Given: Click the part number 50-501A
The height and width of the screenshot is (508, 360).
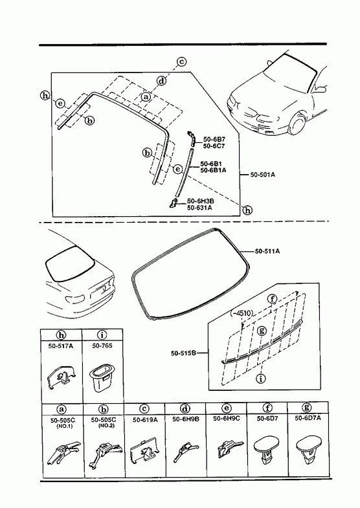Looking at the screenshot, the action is pyautogui.click(x=263, y=175).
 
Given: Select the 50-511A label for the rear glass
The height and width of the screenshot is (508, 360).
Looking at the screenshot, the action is pyautogui.click(x=267, y=251).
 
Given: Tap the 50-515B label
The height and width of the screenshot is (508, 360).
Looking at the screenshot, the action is pyautogui.click(x=183, y=353).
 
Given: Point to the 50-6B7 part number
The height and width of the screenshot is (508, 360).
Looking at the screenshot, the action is pyautogui.click(x=214, y=140).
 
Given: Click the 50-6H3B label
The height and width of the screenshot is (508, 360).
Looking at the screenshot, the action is pyautogui.click(x=200, y=201).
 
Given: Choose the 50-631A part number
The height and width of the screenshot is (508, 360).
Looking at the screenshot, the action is pyautogui.click(x=199, y=208).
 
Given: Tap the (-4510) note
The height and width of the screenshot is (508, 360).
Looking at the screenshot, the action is pyautogui.click(x=242, y=313).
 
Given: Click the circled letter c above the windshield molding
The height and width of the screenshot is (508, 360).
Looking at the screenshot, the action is pyautogui.click(x=181, y=61).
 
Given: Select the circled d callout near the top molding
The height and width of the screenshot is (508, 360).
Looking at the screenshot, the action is pyautogui.click(x=161, y=81).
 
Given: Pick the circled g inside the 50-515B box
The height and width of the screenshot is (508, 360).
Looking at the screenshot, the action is pyautogui.click(x=262, y=331).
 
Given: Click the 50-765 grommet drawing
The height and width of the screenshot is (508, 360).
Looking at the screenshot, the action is pyautogui.click(x=102, y=377).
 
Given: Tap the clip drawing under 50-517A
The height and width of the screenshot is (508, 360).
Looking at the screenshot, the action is pyautogui.click(x=62, y=377).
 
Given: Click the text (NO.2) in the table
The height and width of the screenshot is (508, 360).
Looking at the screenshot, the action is pyautogui.click(x=107, y=426).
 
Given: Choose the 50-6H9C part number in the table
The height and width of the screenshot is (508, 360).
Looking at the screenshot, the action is pyautogui.click(x=227, y=418).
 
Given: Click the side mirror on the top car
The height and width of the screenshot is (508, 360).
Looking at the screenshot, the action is pyautogui.click(x=321, y=89).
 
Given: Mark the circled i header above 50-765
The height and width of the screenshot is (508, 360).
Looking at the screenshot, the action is pyautogui.click(x=102, y=335).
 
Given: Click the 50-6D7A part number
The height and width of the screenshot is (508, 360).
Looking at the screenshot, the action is pyautogui.click(x=308, y=418).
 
